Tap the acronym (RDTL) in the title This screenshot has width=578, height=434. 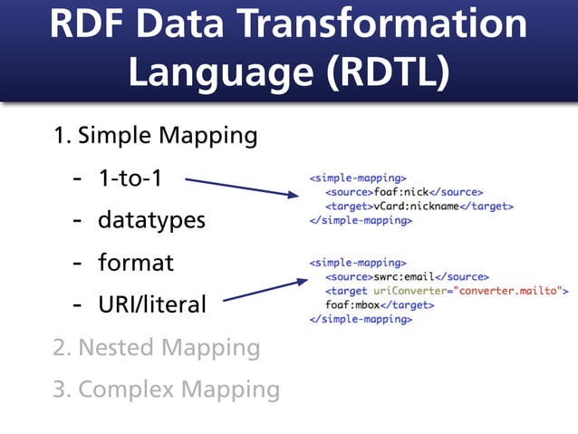point(379,72)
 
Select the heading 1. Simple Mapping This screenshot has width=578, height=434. point(155,136)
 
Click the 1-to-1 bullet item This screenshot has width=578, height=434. point(130,178)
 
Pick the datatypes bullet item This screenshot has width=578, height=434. point(151,220)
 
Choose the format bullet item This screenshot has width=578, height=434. point(135,263)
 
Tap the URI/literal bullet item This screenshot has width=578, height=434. point(151,304)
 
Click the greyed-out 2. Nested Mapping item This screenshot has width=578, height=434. point(156,347)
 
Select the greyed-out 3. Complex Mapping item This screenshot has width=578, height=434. point(166,390)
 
